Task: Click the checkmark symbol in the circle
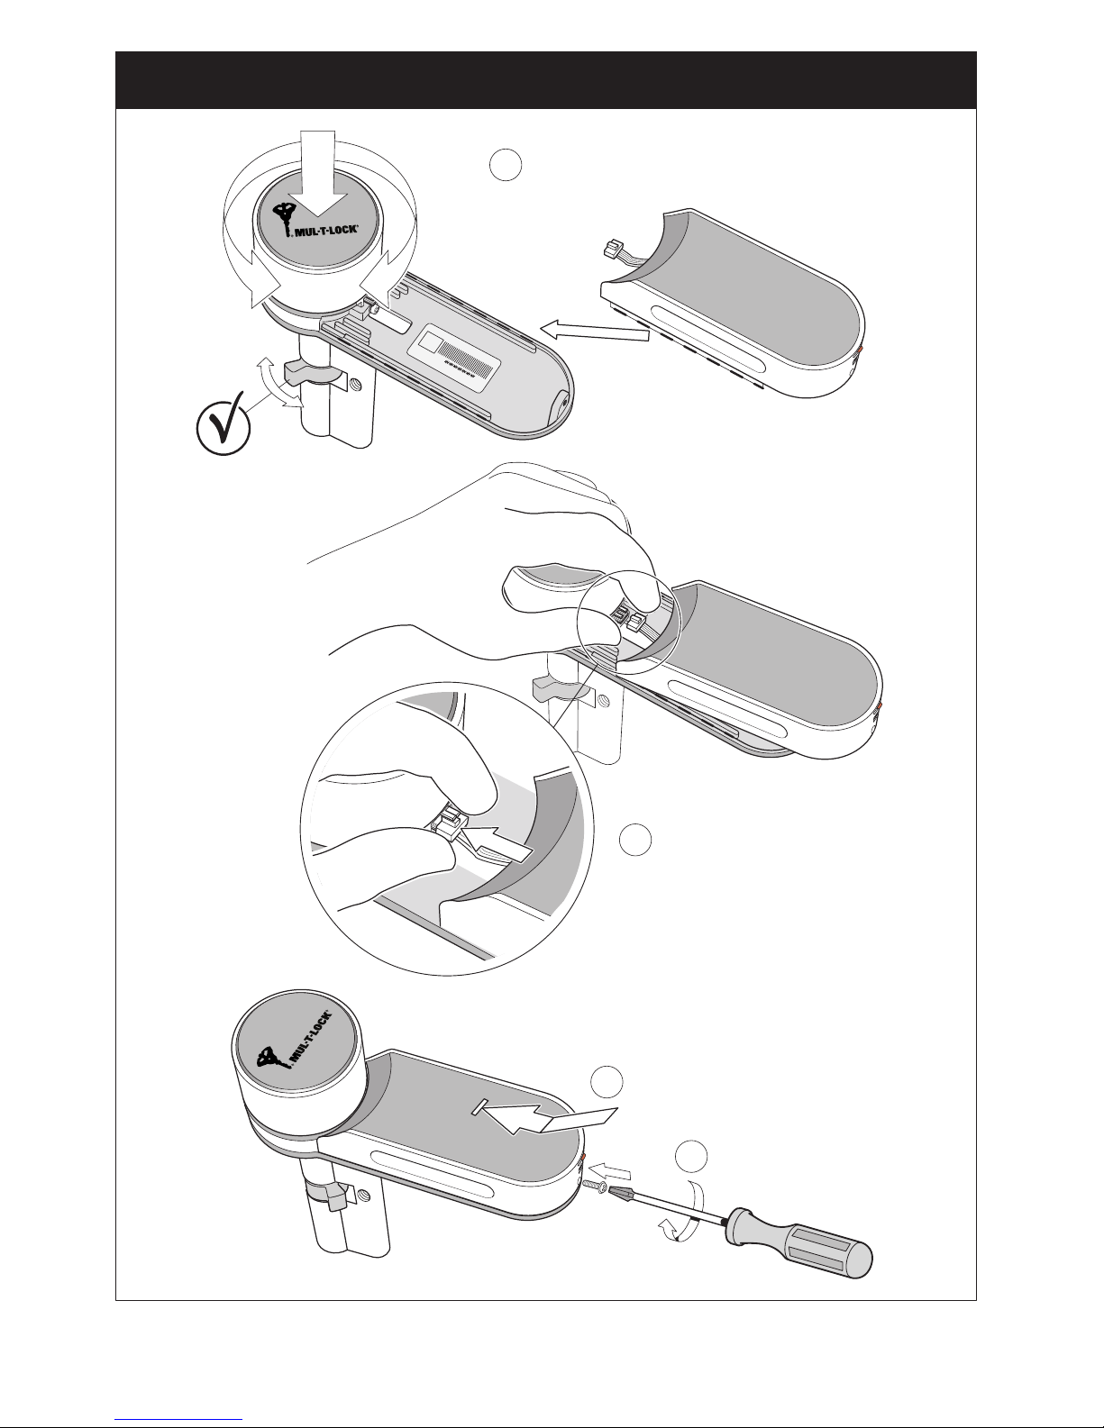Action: click(224, 427)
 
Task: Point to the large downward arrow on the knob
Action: click(318, 174)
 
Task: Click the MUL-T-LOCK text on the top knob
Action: click(326, 231)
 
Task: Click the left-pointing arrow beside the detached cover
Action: click(594, 331)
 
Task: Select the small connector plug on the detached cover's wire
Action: click(611, 249)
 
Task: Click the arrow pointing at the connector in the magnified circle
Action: click(498, 845)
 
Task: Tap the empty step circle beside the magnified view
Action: click(635, 840)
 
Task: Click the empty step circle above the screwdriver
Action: click(692, 1156)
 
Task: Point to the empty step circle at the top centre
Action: click(506, 165)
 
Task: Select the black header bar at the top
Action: click(546, 80)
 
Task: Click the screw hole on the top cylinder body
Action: click(355, 385)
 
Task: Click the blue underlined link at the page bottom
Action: click(179, 1420)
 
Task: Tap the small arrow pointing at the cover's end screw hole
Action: click(610, 1170)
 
